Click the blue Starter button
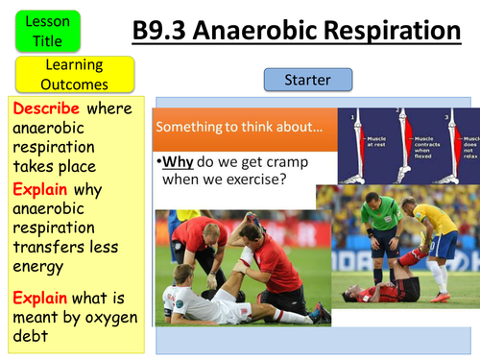[307, 80]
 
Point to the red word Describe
[44, 108]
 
